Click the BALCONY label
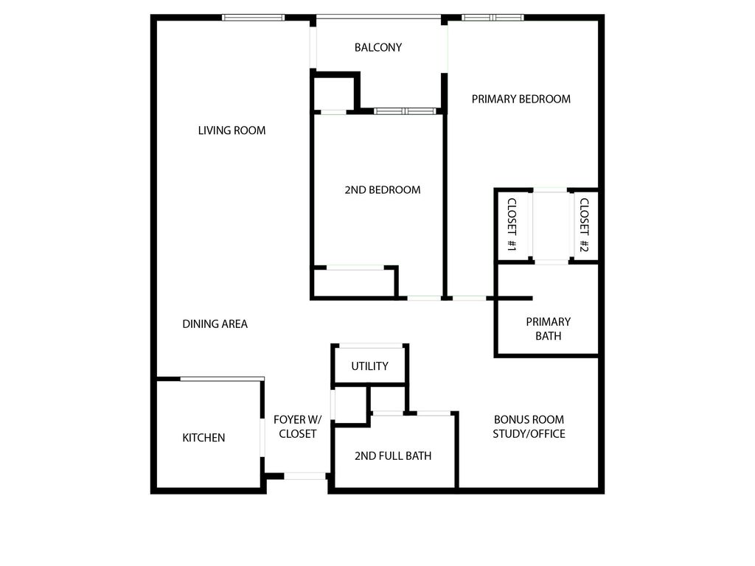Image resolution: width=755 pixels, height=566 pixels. (378, 48)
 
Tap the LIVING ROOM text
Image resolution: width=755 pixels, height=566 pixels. (232, 130)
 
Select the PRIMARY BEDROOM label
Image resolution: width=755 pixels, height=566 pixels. (521, 99)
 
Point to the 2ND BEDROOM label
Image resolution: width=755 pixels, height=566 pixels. (383, 189)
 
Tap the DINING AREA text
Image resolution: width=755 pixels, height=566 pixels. (215, 324)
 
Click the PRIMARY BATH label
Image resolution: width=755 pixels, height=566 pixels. (548, 329)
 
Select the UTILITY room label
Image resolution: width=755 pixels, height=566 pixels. (369, 366)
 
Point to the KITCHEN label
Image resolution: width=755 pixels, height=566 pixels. (203, 438)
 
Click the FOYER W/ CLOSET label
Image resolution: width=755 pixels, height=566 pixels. (295, 427)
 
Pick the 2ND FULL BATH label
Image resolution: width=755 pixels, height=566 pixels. (393, 455)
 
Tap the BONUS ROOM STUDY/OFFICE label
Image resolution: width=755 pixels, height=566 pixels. (529, 427)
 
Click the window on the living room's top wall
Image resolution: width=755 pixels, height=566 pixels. (254, 18)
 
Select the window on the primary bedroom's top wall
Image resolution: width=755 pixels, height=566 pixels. (493, 18)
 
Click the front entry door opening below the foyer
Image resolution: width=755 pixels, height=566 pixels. (306, 476)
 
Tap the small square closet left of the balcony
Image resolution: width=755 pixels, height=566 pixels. (334, 93)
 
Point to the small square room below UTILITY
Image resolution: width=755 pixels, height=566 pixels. (352, 405)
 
